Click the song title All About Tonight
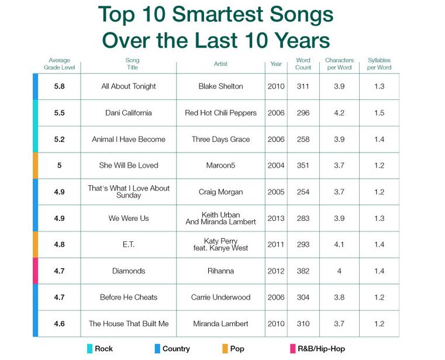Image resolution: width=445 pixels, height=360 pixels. [x=129, y=86]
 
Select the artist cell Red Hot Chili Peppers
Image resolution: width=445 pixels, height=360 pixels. [x=220, y=113]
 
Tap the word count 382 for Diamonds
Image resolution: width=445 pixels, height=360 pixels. [x=303, y=271]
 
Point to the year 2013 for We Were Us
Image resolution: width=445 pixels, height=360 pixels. [x=276, y=219]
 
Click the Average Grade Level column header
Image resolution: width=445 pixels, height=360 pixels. [x=60, y=64]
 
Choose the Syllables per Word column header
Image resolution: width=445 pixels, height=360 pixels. [x=379, y=64]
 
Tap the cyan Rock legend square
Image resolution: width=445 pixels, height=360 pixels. [x=89, y=349]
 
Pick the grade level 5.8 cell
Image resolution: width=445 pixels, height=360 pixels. [x=59, y=86]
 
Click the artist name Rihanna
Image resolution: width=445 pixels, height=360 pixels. [x=220, y=271]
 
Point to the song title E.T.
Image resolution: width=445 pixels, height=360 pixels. [x=129, y=245]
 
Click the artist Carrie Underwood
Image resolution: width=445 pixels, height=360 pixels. [x=220, y=297]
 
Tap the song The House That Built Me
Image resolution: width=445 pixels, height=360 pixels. [x=129, y=324]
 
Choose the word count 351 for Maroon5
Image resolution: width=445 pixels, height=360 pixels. [x=303, y=165]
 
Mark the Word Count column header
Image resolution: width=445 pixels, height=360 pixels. [x=303, y=64]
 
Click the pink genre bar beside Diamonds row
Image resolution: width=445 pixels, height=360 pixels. [x=36, y=271]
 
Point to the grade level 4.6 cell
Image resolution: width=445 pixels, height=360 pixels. [x=59, y=324]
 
